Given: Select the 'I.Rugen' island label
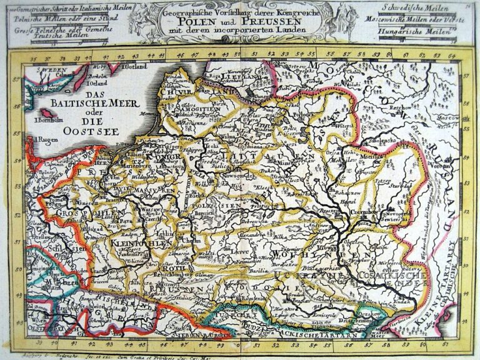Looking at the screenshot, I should (44, 138).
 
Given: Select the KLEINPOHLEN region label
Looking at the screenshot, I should (132, 242).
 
